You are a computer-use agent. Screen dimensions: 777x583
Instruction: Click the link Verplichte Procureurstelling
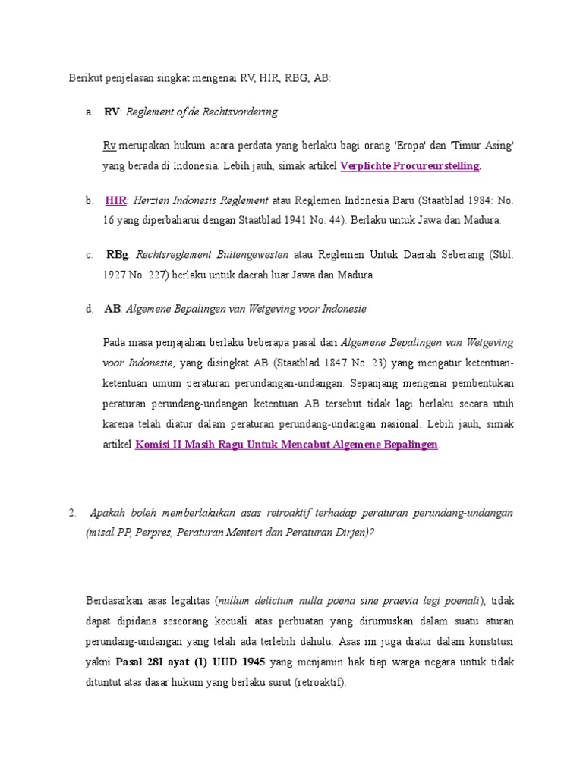pos(410,165)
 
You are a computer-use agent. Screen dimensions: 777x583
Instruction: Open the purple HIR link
pos(115,201)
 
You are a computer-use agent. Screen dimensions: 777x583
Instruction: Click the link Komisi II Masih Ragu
pos(286,445)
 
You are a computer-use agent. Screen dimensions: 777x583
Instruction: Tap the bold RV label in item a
pos(112,112)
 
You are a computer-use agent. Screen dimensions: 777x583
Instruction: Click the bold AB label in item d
pos(112,309)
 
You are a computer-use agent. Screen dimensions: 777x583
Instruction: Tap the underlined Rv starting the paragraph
pos(109,145)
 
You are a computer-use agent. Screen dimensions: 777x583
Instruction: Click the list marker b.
pos(90,201)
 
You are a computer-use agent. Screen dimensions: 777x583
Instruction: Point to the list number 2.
pos(72,513)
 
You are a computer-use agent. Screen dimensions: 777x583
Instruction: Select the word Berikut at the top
pos(86,78)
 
